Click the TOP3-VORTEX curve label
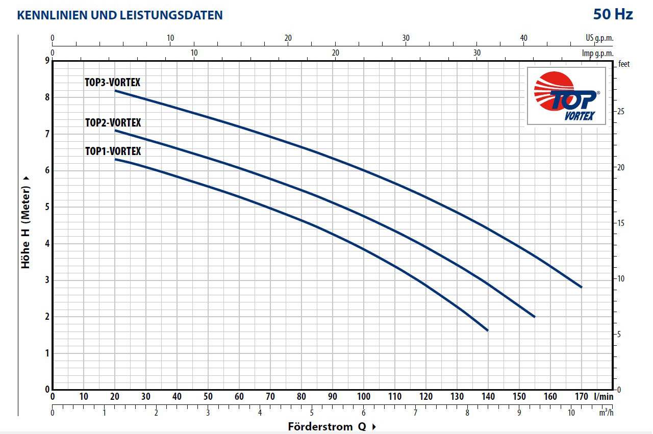[112, 82]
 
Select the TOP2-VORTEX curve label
[113, 123]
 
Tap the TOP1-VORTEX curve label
[113, 151]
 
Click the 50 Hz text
[613, 14]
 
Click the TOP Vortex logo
[566, 97]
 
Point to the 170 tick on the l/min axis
[582, 397]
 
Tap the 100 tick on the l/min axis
[364, 397]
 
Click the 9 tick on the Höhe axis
[47, 61]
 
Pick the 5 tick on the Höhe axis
[47, 207]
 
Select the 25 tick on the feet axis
[621, 112]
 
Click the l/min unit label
[604, 397]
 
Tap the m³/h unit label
[606, 412]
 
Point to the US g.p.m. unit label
[599, 38]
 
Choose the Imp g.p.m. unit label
[597, 53]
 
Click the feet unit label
[624, 64]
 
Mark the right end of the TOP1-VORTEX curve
[488, 330]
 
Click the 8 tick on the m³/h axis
[467, 413]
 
